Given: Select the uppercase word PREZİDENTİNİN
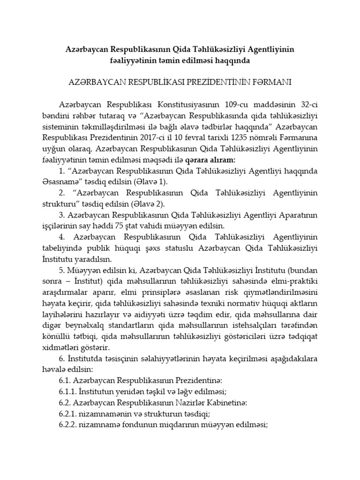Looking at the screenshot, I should (x=211, y=82).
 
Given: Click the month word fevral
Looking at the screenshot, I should (x=199, y=139).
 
